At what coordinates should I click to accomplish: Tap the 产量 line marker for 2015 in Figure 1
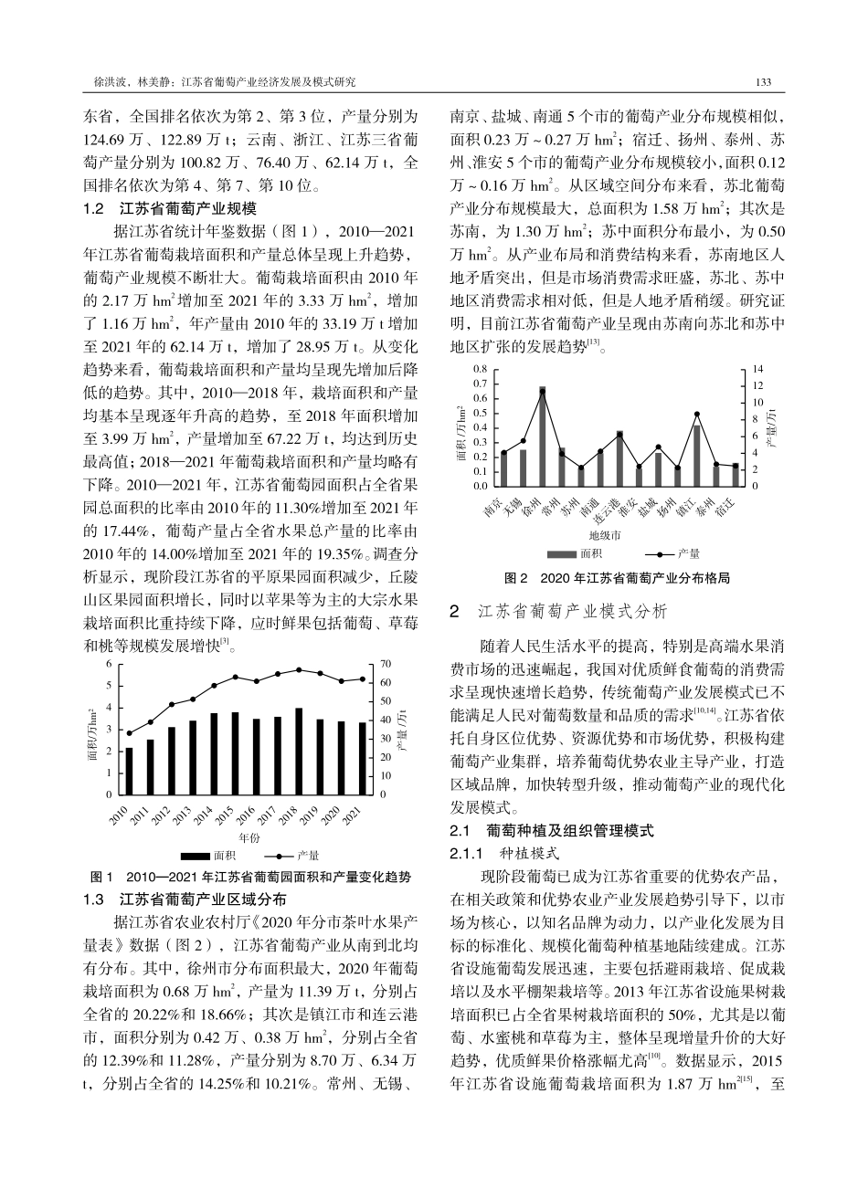pos(235,677)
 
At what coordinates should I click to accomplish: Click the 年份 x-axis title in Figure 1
pos(249,837)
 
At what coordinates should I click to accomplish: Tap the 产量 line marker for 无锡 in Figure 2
pos(524,441)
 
